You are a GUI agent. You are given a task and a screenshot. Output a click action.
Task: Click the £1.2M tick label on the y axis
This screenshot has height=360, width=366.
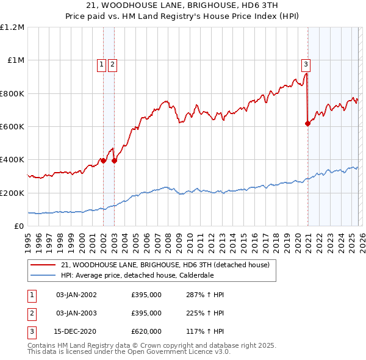(12, 27)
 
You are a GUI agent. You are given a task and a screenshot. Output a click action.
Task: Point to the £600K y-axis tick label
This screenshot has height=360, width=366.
(12, 127)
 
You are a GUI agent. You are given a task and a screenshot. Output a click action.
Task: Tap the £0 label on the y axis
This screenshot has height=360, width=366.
(19, 226)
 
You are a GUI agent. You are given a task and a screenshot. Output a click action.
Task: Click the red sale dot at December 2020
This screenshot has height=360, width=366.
(307, 123)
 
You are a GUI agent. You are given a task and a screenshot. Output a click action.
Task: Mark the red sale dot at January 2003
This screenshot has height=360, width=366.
(114, 160)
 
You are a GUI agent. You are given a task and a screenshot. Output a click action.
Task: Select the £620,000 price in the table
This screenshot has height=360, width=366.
(146, 331)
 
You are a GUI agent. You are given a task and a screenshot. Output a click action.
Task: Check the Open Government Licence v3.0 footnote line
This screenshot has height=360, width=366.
(129, 352)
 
